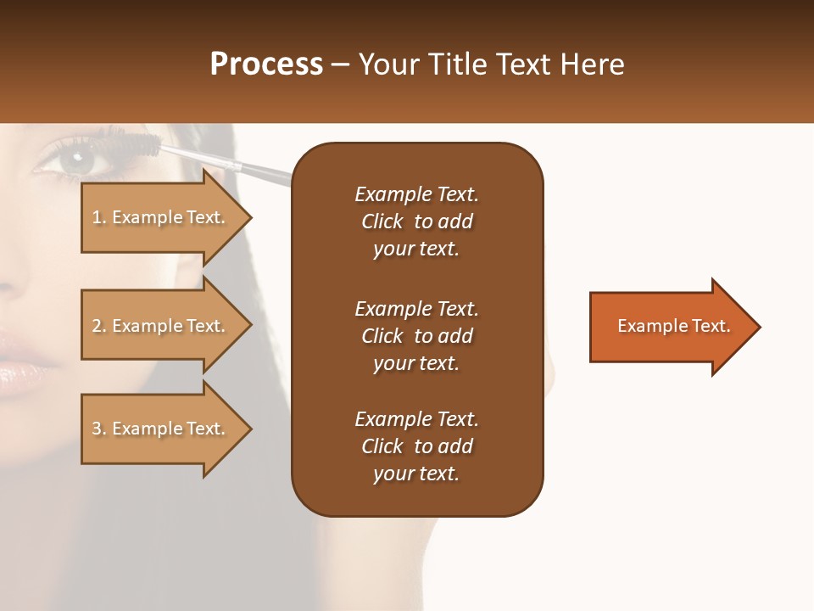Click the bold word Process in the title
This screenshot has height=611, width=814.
[x=266, y=64]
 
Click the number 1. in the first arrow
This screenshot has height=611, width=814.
[x=99, y=217]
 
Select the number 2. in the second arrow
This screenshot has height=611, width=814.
[x=99, y=326]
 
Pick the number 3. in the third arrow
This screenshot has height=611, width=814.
[x=99, y=429]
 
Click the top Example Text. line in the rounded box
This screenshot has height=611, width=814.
[x=416, y=194]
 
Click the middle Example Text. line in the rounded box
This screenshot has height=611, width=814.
[x=416, y=309]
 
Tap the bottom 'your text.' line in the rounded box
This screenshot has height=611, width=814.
[x=416, y=474]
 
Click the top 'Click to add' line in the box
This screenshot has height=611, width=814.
[x=416, y=221]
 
